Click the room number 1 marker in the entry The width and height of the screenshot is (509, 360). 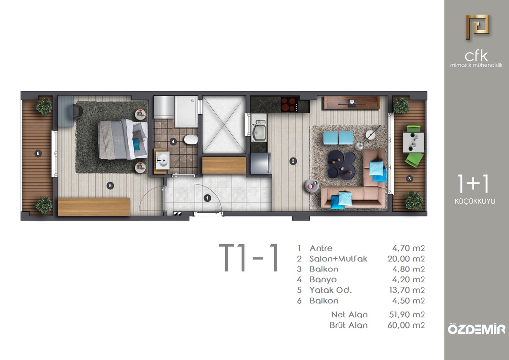click(207, 198)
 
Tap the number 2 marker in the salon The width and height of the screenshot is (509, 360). click(293, 161)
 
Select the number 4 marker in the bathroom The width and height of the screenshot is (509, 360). click(173, 142)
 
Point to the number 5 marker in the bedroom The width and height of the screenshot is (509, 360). click(110, 185)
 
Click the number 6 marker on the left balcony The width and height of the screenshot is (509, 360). click(38, 153)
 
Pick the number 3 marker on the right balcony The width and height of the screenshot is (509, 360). click(410, 178)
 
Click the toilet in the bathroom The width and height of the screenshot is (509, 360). click(191, 140)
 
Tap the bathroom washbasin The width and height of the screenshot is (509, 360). click(162, 160)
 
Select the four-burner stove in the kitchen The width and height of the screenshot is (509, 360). click(290, 104)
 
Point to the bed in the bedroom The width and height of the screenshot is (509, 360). click(123, 140)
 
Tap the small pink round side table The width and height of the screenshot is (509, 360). click(312, 185)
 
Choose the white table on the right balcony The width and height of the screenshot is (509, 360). click(413, 142)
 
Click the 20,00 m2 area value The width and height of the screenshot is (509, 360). click(406, 259)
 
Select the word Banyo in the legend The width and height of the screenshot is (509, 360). click(323, 279)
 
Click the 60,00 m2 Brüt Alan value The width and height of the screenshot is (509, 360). click(406, 325)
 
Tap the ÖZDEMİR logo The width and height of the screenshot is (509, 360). click(477, 329)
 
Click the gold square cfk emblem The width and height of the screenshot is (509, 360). click(477, 27)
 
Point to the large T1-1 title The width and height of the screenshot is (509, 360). click(249, 258)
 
